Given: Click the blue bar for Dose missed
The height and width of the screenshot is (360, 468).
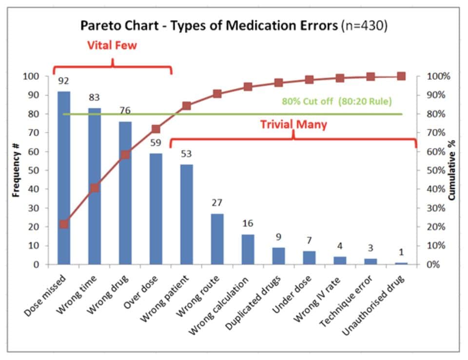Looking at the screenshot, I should click(x=64, y=178).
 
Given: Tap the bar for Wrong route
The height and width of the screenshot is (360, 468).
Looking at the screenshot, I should click(x=217, y=239).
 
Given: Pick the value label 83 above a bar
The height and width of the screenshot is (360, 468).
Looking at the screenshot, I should click(x=94, y=98).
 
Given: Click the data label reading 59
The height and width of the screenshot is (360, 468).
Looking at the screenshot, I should click(x=156, y=144).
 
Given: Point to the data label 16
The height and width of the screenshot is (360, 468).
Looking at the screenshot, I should click(x=248, y=223).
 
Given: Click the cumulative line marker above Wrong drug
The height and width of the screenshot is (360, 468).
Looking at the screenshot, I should click(x=125, y=155).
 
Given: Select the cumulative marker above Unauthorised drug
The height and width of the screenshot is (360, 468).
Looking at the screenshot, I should click(x=401, y=76).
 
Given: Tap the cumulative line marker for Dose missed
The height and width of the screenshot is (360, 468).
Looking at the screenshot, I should click(x=64, y=224).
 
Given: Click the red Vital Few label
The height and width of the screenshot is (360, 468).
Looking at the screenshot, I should click(x=112, y=46).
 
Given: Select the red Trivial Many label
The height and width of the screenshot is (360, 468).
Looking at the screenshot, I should click(x=293, y=124).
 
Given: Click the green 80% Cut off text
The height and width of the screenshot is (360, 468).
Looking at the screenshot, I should click(x=336, y=102).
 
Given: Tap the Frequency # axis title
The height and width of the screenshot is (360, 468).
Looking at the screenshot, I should click(x=16, y=170).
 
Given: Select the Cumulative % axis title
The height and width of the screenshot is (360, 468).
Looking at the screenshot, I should click(x=452, y=170).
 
